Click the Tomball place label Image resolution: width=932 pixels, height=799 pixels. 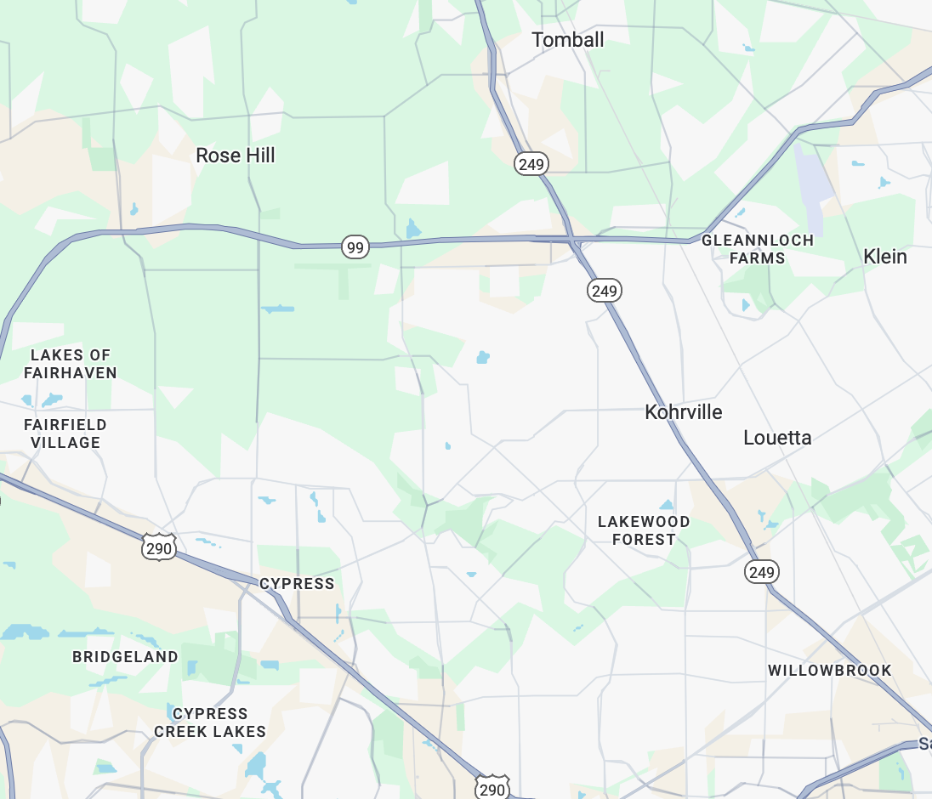point(567,40)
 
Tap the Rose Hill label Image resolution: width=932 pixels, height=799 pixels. point(236,156)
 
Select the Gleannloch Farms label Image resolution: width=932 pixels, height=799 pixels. point(758,249)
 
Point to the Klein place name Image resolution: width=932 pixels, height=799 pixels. point(884,257)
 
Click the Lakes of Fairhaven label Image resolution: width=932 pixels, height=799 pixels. point(71,364)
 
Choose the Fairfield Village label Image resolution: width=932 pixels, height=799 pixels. point(65,433)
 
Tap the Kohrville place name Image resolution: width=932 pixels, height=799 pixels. point(684,412)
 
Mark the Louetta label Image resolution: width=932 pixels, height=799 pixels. point(777,438)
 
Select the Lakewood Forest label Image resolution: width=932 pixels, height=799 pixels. point(644,530)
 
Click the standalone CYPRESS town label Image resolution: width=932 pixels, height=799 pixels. point(297,584)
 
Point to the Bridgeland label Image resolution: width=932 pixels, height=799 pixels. point(125,657)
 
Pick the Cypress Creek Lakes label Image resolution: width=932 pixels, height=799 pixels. point(210,722)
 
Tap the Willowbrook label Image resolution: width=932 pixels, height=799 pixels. point(830,671)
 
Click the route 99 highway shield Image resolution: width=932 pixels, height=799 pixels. point(355,247)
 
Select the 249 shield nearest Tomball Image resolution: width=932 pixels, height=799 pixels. point(531,164)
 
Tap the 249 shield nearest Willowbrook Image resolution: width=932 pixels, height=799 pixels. point(761,572)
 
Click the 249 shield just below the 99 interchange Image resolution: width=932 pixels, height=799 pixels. point(605,291)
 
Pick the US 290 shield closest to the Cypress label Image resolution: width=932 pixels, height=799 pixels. point(159,548)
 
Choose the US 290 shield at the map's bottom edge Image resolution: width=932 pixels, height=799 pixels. point(492,788)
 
